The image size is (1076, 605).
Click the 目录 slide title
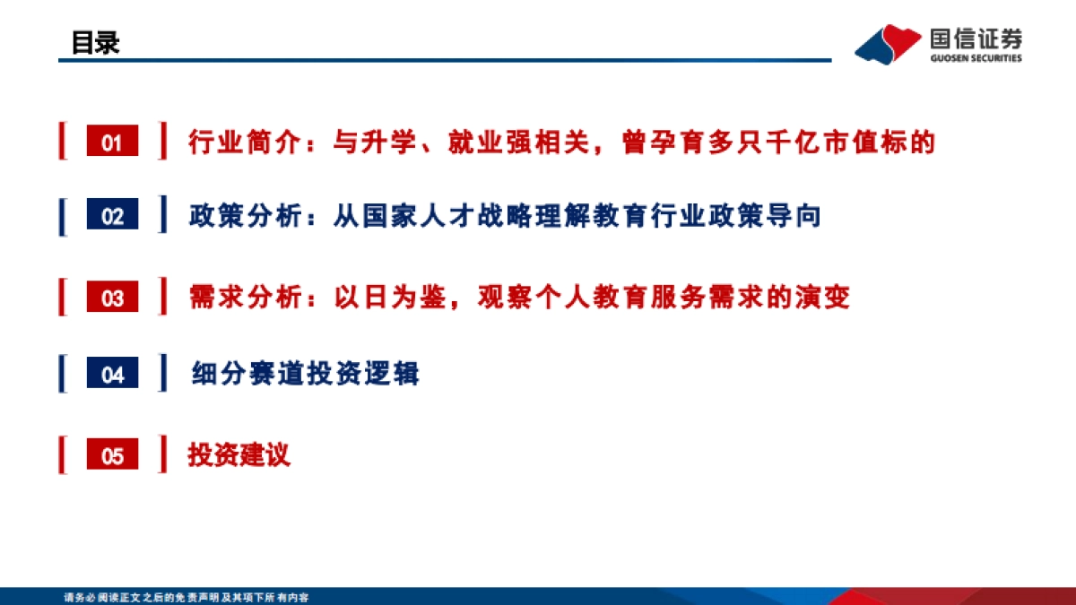[x=96, y=42]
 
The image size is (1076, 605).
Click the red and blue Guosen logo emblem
[x=889, y=43]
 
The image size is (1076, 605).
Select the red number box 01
[x=112, y=143]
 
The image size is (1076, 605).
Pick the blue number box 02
[x=112, y=217]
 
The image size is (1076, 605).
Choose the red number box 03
[x=112, y=298]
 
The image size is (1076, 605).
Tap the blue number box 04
[x=112, y=375]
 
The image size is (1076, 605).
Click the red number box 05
[x=112, y=455]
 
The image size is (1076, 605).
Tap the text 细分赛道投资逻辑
[x=305, y=373]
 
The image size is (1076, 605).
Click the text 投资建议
[x=239, y=454]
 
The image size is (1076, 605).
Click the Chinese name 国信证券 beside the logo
[x=976, y=39]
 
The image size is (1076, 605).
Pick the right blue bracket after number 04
[x=162, y=373]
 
